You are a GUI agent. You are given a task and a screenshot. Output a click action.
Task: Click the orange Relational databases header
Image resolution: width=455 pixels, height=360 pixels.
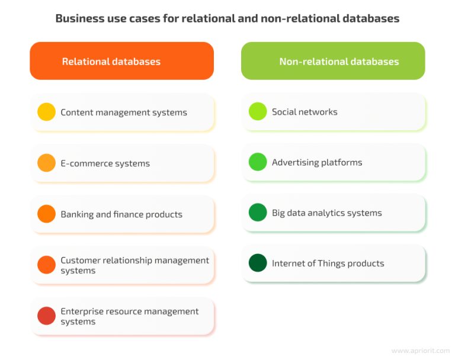coord(121,61)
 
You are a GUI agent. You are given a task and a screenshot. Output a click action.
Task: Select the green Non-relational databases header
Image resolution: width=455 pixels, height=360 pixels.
coord(333,61)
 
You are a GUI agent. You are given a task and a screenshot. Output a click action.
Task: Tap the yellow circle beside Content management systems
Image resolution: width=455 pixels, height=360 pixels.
coord(46,112)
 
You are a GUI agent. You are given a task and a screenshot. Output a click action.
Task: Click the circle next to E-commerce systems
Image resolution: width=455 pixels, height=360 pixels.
coord(46,163)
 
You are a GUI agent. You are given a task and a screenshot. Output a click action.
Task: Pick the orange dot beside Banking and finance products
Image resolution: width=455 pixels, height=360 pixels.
coord(46,214)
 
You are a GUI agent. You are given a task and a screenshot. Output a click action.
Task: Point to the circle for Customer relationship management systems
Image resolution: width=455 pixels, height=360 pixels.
coord(46,265)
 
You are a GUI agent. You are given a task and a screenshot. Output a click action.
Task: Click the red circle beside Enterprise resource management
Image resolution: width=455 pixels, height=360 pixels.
coord(46,316)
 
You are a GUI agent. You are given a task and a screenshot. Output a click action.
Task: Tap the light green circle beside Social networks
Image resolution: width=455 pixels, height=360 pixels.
coord(258,111)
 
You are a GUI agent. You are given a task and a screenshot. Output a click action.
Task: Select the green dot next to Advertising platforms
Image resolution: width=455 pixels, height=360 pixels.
coord(258,162)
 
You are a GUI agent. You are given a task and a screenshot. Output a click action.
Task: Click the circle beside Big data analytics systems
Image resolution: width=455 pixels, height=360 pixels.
coord(258,213)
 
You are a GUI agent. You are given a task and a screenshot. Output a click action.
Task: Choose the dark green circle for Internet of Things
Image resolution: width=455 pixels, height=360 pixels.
coord(258,263)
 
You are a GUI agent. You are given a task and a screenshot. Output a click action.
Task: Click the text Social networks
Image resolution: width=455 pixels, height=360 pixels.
coord(305,112)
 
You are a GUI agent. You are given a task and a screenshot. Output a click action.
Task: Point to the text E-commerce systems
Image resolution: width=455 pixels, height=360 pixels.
coord(105,163)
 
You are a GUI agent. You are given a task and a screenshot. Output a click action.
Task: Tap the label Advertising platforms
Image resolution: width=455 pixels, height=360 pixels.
coord(317,162)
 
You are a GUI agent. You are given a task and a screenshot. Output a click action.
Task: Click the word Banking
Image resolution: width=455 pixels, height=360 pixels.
coord(77,214)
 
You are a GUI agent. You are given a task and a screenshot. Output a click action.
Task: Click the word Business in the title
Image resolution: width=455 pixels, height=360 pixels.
coord(75,18)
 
